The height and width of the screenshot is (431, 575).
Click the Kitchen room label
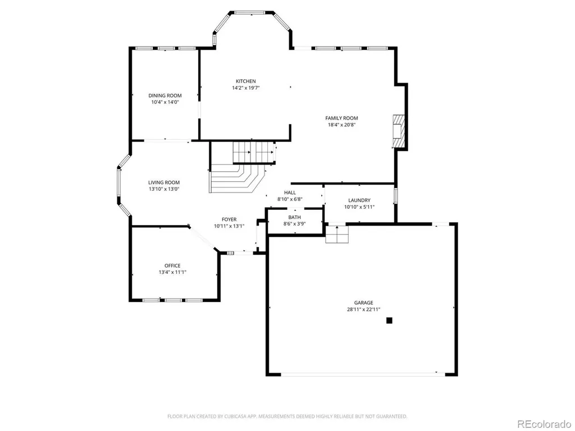[x=246, y=81]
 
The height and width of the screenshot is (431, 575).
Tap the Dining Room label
[x=165, y=95]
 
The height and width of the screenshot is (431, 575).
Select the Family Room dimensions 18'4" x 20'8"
[x=342, y=125]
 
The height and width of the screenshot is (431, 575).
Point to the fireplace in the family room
[x=399, y=131]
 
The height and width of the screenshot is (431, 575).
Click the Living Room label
[x=164, y=182]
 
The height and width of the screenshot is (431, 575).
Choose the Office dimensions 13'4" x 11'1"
[x=172, y=272]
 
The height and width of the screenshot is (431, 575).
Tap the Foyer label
[x=229, y=219]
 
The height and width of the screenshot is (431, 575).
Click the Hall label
[x=290, y=192]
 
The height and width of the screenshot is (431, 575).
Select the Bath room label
[x=294, y=217]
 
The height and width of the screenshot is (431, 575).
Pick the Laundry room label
[x=359, y=200]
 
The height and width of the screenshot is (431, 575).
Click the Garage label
[x=364, y=302]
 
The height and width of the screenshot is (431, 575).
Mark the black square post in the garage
[x=390, y=320]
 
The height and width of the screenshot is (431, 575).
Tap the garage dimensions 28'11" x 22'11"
[x=364, y=309]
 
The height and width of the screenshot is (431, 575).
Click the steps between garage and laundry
[x=337, y=234]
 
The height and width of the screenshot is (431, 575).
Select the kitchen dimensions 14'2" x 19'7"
[x=246, y=88]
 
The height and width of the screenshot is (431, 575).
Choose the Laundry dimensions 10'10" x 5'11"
[x=359, y=207]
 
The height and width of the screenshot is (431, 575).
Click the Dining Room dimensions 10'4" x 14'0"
[x=165, y=102]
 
